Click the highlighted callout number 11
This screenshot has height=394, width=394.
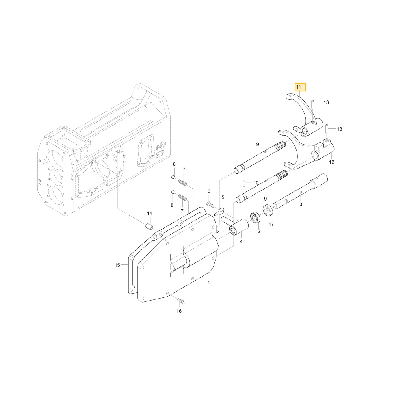click(300, 87)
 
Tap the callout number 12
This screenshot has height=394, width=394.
click(332, 162)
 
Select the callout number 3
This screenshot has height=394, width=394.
click(301, 204)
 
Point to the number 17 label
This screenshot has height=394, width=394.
click(271, 224)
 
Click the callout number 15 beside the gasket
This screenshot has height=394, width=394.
click(117, 265)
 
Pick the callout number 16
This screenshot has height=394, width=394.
click(179, 311)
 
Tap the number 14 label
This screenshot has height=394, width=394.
click(149, 213)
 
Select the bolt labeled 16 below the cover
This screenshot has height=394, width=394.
click(181, 300)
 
